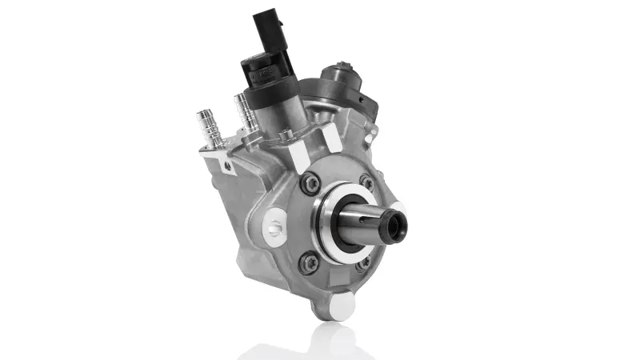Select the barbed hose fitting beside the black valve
tap(244, 113)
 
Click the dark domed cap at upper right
tap(341, 81)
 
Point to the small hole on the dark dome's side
tap(362, 101)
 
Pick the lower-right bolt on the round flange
tap(362, 262)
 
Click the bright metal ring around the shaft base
tap(330, 224)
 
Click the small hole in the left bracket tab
tap(228, 166)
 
